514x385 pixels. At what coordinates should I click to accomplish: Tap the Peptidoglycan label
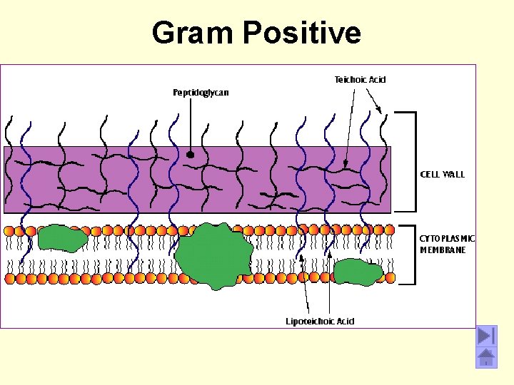201,93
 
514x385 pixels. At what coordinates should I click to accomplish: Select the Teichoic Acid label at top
361,79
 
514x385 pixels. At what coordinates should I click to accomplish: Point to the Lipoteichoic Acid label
320,321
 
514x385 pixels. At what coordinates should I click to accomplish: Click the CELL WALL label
442,174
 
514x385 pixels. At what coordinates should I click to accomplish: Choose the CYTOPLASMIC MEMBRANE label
447,244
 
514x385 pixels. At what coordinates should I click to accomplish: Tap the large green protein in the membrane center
213,255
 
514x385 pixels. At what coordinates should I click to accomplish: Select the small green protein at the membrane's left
63,239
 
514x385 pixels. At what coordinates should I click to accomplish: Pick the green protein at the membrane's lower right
358,272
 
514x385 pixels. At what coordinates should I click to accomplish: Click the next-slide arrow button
486,336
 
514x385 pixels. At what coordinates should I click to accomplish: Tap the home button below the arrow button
486,357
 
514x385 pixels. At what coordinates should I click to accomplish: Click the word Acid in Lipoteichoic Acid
343,321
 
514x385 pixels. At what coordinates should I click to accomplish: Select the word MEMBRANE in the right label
443,250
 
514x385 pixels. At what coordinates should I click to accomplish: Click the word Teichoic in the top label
351,79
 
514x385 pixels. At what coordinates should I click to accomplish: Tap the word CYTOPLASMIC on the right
447,238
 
